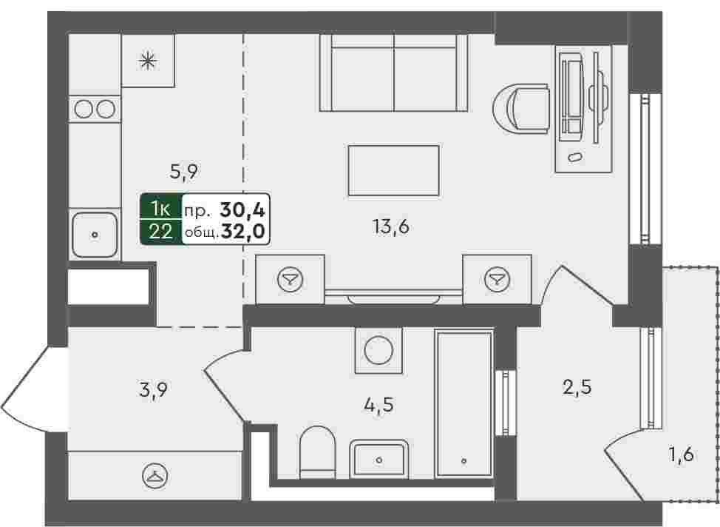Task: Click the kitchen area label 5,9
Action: [183, 172]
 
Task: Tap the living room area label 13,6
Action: [391, 226]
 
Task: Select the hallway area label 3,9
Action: [153, 391]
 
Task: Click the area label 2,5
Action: [577, 387]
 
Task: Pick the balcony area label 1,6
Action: [681, 455]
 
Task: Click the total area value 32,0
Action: [243, 232]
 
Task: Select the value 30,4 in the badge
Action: [242, 210]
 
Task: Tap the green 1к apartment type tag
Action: [161, 209]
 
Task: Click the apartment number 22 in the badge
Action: [161, 232]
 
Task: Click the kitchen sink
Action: [95, 235]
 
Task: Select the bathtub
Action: [463, 403]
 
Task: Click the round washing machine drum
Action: [378, 350]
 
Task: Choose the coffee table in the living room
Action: [393, 170]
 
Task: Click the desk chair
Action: [521, 109]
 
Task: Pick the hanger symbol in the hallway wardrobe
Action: [154, 476]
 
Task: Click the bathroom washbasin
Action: [378, 458]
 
